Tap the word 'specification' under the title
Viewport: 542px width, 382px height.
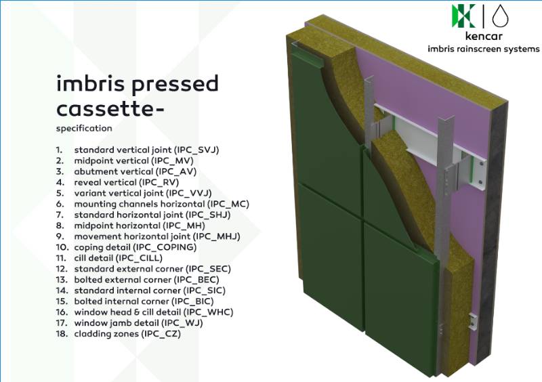coord(84,128)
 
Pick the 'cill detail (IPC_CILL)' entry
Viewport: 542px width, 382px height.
coord(123,258)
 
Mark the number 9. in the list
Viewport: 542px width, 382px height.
coord(60,236)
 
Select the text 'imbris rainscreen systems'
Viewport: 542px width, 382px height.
coord(483,49)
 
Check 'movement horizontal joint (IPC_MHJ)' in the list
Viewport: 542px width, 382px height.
coord(157,236)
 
